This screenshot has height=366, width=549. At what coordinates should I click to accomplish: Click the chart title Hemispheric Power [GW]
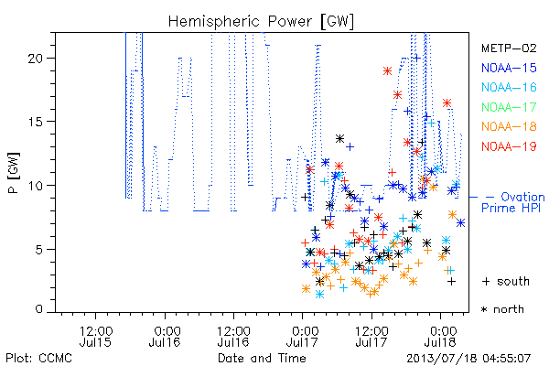pyautogui.click(x=261, y=21)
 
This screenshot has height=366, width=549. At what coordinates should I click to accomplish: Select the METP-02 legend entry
pyautogui.click(x=509, y=48)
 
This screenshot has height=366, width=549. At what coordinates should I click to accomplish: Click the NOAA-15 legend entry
pyautogui.click(x=509, y=68)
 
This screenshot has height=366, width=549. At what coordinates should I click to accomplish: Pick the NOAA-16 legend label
pyautogui.click(x=509, y=87)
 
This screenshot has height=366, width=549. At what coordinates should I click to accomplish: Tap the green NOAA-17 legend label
pyautogui.click(x=509, y=107)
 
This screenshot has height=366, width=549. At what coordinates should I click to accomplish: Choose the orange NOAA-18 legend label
pyautogui.click(x=509, y=126)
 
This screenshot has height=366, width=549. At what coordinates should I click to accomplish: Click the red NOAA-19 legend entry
pyautogui.click(x=509, y=146)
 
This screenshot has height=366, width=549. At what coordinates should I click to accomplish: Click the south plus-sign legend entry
pyautogui.click(x=506, y=281)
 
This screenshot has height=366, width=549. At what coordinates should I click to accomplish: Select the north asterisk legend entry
pyautogui.click(x=502, y=309)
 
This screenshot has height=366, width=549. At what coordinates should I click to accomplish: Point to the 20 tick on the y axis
pyautogui.click(x=36, y=59)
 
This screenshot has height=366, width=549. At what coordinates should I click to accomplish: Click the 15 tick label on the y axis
pyautogui.click(x=36, y=122)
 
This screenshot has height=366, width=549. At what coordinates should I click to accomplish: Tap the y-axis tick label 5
pyautogui.click(x=39, y=250)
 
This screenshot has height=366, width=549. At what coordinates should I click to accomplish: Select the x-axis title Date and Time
pyautogui.click(x=262, y=358)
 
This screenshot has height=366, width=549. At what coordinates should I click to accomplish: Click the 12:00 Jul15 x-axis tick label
pyautogui.click(x=95, y=336)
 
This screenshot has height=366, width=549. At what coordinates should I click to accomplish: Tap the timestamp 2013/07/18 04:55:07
pyautogui.click(x=468, y=359)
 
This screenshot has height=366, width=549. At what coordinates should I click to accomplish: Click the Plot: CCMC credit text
pyautogui.click(x=38, y=358)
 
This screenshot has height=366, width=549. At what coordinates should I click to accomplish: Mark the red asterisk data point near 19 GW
pyautogui.click(x=387, y=71)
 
